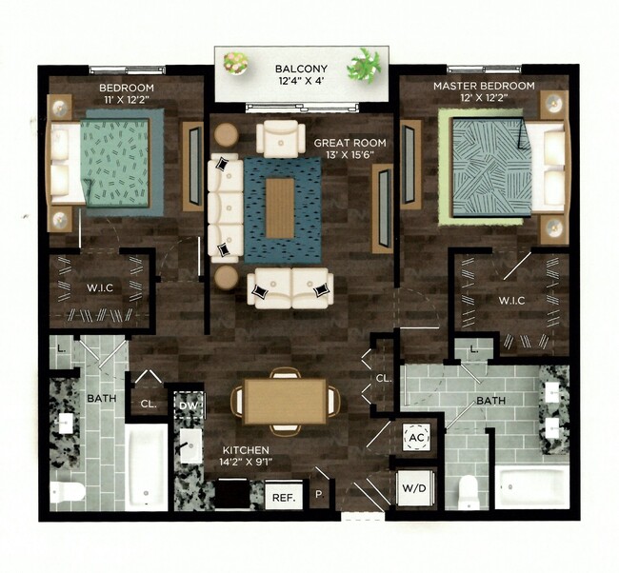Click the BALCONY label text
pyautogui.click(x=303, y=69)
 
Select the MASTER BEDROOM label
pyautogui.click(x=484, y=86)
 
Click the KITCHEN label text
pyautogui.click(x=246, y=449)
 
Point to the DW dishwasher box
pyautogui.click(x=189, y=405)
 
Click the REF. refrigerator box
pyautogui.click(x=282, y=495)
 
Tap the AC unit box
pyautogui.click(x=415, y=437)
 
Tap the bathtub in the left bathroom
pyautogui.click(x=147, y=468)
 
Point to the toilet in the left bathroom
pyautogui.click(x=68, y=493)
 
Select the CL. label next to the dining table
pyautogui.click(x=383, y=378)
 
